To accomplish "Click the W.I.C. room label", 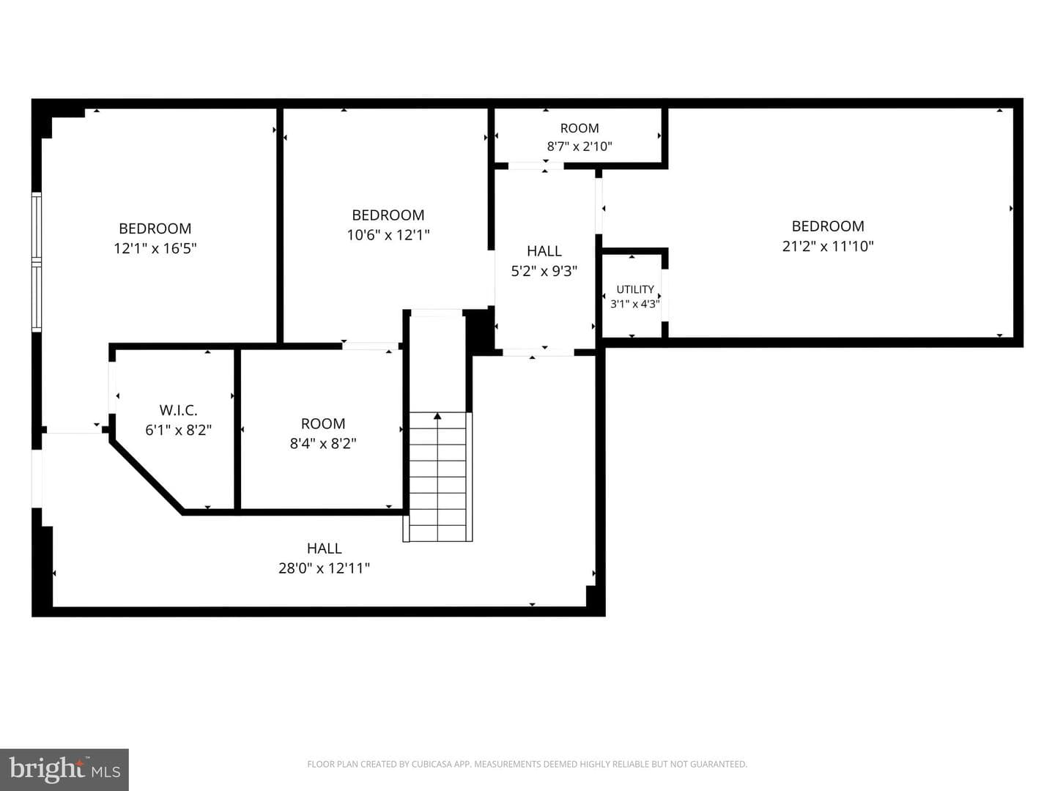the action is point(178,410).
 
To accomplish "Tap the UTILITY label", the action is point(635,289).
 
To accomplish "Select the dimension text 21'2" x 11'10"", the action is point(828,246).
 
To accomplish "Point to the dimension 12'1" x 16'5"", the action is point(155,248).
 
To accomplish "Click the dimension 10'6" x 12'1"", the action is point(388,235).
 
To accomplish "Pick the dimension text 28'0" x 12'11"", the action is point(324,568).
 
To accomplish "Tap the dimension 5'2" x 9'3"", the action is point(544,271).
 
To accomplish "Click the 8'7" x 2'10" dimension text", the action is point(580,146).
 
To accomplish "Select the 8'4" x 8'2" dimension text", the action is point(323,443).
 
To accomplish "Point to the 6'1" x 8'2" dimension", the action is point(178,430).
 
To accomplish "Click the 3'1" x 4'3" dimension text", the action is point(635,303).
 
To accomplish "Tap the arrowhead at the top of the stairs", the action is point(437,416).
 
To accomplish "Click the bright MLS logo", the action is point(64,769).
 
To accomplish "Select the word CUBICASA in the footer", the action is point(430,764).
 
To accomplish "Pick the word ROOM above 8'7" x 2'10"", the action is point(580,128).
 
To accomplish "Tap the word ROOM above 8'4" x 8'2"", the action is point(323,423).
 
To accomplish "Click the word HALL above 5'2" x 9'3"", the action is point(544,251).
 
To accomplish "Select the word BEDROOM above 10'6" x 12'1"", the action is point(388,215).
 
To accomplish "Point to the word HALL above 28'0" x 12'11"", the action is point(325,548).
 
